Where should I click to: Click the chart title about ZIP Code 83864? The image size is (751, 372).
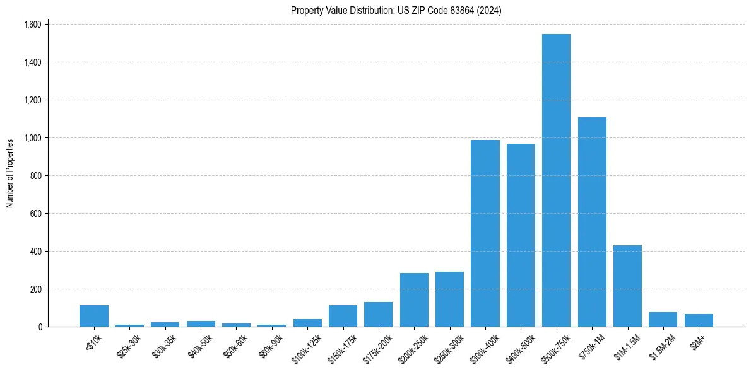[396, 10]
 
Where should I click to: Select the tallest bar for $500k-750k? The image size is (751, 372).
[556, 180]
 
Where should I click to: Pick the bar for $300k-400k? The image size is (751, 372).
[485, 233]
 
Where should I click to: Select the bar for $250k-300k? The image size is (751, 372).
[449, 299]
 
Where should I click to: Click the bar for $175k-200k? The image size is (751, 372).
[378, 314]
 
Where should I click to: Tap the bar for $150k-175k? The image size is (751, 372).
[343, 316]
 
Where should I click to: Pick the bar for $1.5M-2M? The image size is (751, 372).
[663, 319]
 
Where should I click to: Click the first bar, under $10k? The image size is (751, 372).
[94, 316]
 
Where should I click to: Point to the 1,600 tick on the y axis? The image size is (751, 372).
[32, 25]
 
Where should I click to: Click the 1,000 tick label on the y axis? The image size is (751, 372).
[32, 138]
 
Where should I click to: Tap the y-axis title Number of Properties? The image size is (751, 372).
[9, 173]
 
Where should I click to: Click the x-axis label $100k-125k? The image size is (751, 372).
[306, 345]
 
